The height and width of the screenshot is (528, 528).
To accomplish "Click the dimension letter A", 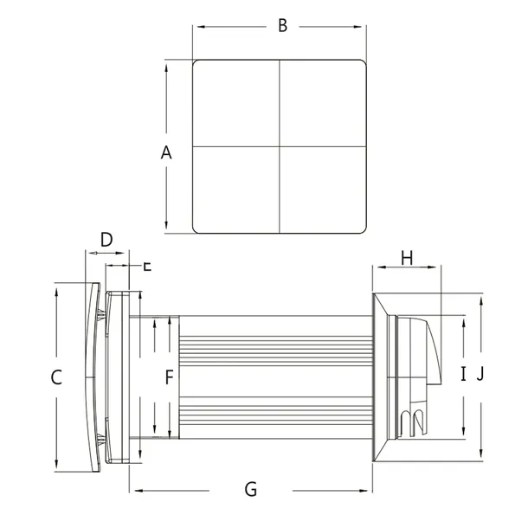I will click(167, 153).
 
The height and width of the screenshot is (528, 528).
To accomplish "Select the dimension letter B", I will click(282, 25).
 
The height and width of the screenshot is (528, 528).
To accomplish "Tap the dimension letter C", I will click(56, 377).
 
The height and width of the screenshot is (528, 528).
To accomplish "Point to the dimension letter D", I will click(106, 239).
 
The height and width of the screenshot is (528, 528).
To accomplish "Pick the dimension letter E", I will click(146, 266).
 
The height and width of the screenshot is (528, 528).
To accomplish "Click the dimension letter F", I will click(170, 377).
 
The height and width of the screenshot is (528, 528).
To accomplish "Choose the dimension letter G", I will click(250, 490).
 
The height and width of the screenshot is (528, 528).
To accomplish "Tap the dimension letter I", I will click(463, 374).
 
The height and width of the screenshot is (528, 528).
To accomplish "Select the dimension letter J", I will click(481, 374).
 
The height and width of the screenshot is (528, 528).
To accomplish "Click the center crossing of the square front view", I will click(280, 145).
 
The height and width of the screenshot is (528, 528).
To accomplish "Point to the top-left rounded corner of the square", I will click(196, 63).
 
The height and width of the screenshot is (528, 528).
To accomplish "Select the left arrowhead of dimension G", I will click(133, 492).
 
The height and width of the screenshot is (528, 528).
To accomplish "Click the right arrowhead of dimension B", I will click(364, 27).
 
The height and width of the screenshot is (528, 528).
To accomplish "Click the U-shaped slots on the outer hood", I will click(413, 422).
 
